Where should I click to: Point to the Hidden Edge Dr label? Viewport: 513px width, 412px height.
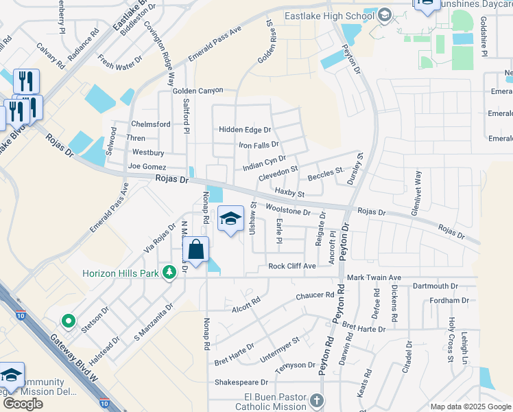click(x=245, y=130)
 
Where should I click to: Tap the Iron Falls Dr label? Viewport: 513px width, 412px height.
click(x=259, y=145)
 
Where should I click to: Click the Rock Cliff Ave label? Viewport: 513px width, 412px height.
click(x=292, y=266)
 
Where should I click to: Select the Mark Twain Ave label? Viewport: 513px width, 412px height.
click(x=374, y=277)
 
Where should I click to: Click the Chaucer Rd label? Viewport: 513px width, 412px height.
click(x=314, y=296)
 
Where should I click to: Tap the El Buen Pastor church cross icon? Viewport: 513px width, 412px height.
click(x=316, y=400)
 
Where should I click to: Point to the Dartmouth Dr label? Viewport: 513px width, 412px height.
click(x=436, y=286)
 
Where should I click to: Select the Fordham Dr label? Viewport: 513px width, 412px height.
click(x=448, y=300)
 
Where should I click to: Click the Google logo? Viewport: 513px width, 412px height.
click(x=22, y=404)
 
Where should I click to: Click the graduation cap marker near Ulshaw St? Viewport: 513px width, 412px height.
click(x=231, y=219)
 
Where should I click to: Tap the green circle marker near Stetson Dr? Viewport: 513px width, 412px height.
click(x=68, y=320)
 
